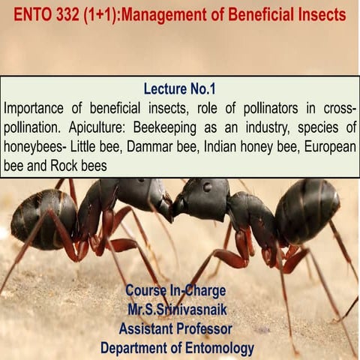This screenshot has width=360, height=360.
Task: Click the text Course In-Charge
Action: [x=176, y=289]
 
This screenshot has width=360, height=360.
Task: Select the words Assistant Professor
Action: [x=175, y=328]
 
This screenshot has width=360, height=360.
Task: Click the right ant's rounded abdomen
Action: [x=307, y=210]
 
